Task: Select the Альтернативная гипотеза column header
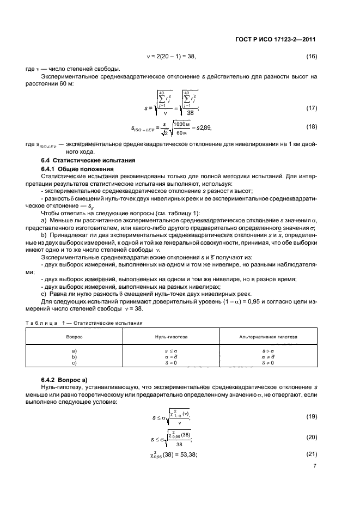tap(269, 337)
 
